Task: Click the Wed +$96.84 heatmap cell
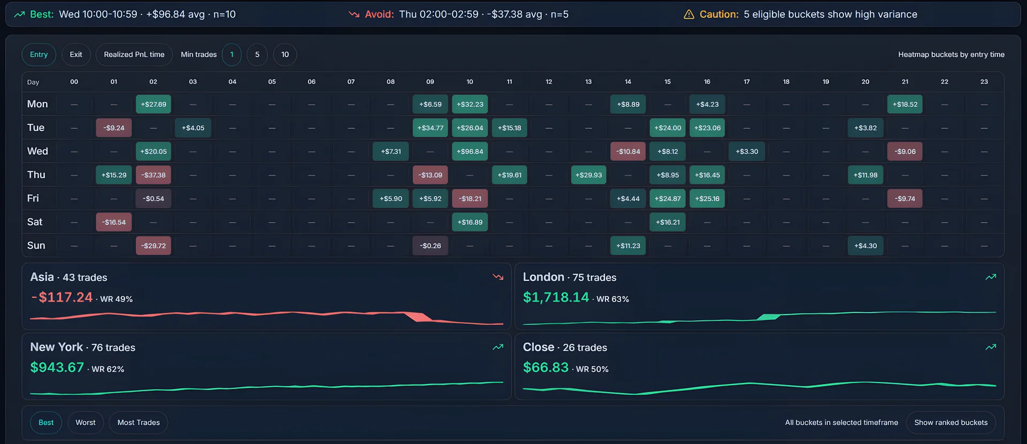(470, 151)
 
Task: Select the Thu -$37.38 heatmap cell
(154, 175)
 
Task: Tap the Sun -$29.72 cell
(154, 246)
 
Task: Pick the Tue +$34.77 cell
(430, 128)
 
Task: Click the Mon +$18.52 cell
(905, 104)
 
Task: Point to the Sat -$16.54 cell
(114, 222)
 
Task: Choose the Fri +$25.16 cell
(707, 198)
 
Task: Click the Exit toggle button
(76, 55)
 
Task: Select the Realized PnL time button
(134, 55)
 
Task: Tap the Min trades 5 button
(257, 55)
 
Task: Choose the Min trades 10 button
(285, 55)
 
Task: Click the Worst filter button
(86, 423)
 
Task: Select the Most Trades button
(139, 423)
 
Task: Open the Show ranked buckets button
(951, 423)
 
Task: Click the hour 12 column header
(549, 82)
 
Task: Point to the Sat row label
(35, 222)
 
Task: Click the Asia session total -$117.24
(62, 297)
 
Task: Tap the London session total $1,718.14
(556, 297)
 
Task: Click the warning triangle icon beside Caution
(689, 14)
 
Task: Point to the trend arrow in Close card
(991, 347)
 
